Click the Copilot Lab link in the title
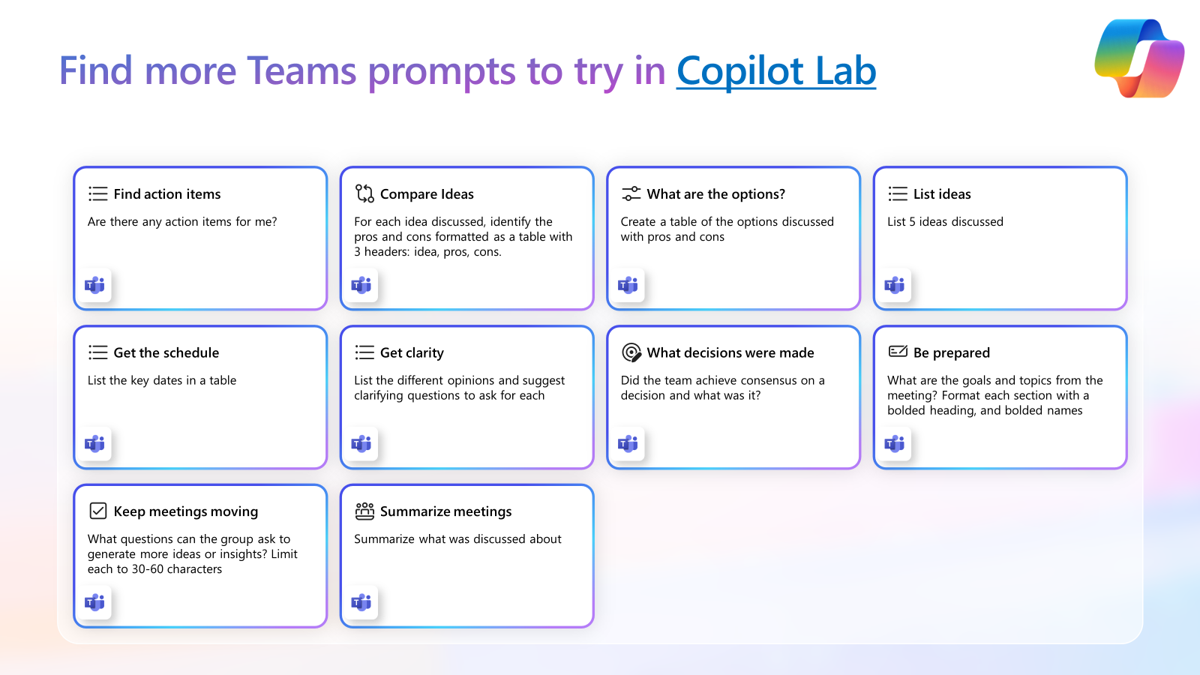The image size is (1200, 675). [x=775, y=70]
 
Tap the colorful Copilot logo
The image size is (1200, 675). [x=1139, y=58]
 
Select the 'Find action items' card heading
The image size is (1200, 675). [x=167, y=194]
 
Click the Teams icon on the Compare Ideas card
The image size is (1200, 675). [x=361, y=285]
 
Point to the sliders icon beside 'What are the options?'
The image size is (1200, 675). [x=631, y=193]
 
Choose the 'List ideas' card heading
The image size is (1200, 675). [x=942, y=194]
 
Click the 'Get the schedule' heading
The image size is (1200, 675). [x=166, y=352]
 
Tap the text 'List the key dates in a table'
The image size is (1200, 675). [x=162, y=380]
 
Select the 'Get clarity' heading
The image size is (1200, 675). [x=412, y=352]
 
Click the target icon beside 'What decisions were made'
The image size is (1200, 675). [x=631, y=352]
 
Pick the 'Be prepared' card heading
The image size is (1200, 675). [x=952, y=352]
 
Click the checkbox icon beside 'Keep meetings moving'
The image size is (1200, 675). [x=98, y=511]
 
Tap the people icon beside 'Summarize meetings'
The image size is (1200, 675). [x=364, y=511]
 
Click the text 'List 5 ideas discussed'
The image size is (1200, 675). [x=945, y=222]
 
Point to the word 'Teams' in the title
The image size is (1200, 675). [x=301, y=70]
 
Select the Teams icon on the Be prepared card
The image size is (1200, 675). [x=895, y=443]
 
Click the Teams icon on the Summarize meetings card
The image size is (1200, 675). [x=361, y=602]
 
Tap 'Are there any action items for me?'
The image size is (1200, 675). [x=182, y=222]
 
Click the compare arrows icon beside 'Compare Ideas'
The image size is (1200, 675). [x=364, y=193]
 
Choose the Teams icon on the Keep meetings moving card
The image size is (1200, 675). [x=94, y=602]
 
